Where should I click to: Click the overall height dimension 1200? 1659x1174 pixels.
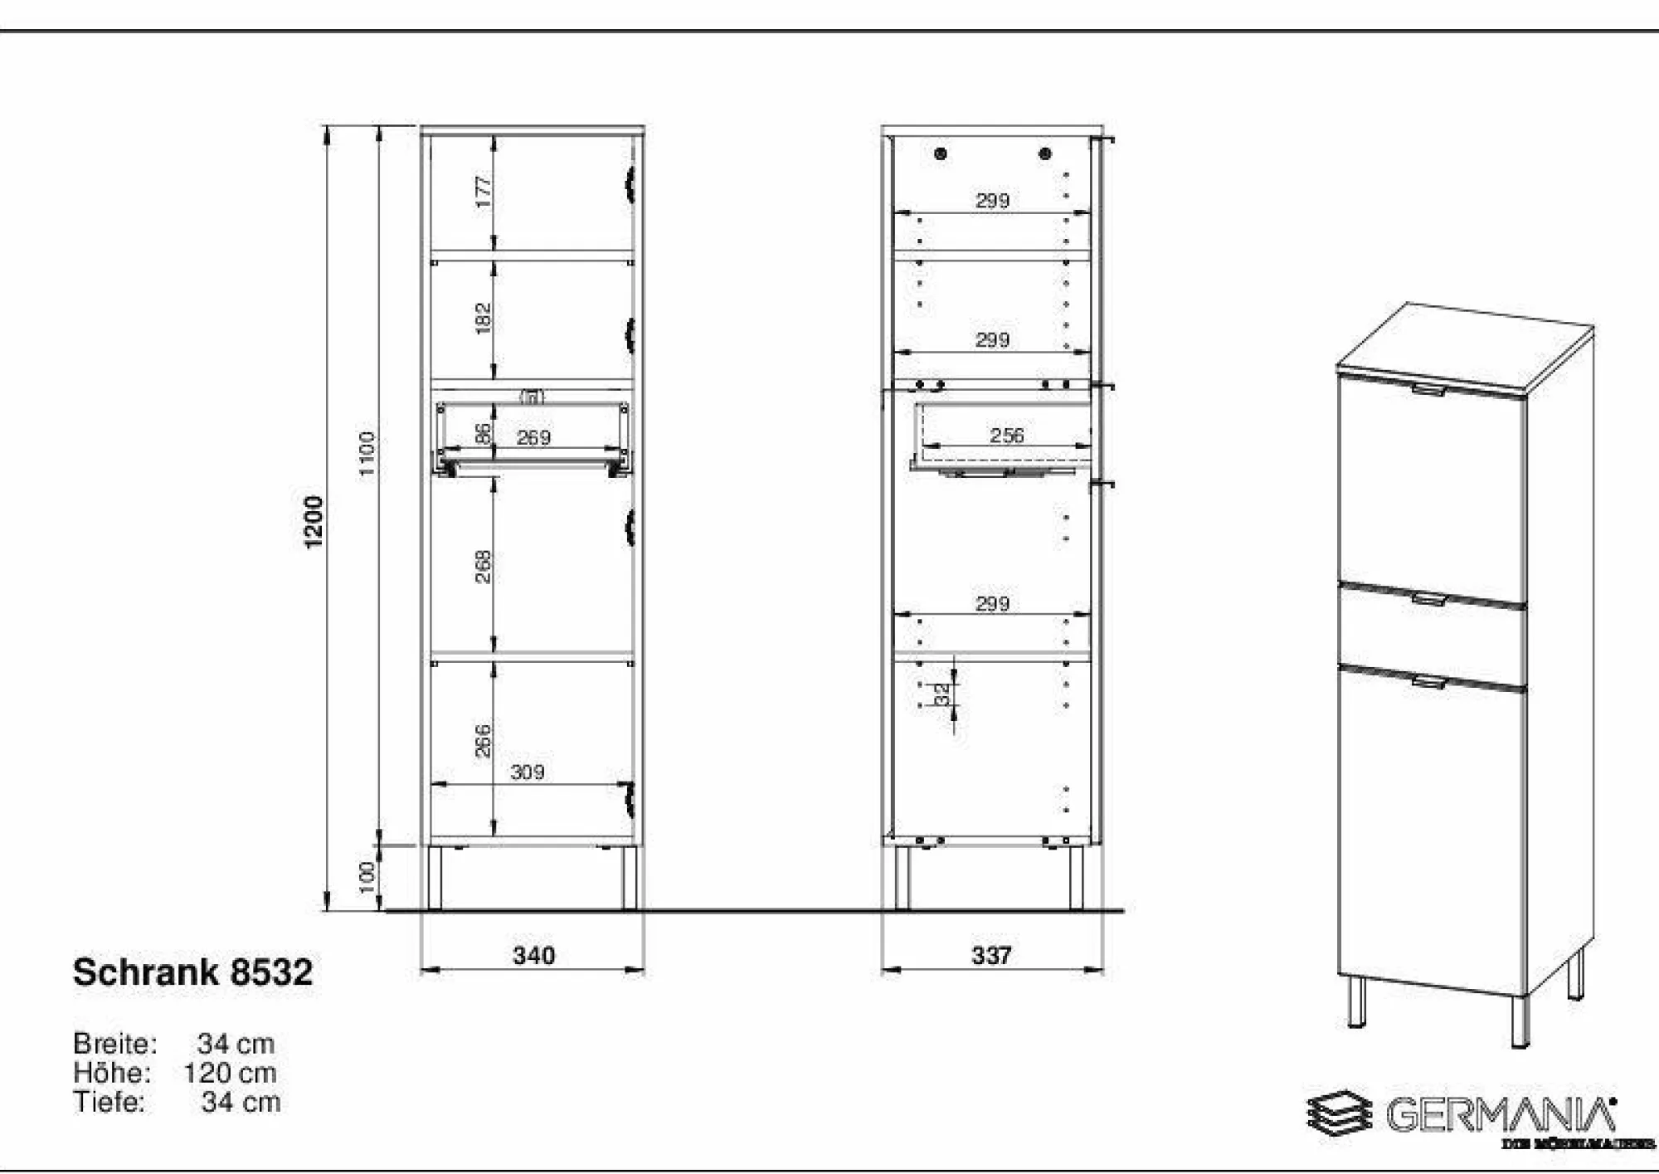pyautogui.click(x=314, y=521)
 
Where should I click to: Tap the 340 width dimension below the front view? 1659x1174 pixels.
pyautogui.click(x=533, y=956)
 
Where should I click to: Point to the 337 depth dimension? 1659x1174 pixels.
pyautogui.click(x=991, y=956)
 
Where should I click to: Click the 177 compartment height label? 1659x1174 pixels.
pyautogui.click(x=483, y=192)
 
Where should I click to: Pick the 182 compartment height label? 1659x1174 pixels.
pyautogui.click(x=483, y=319)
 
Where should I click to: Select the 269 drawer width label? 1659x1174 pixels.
pyautogui.click(x=533, y=437)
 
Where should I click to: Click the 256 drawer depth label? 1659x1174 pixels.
pyautogui.click(x=1006, y=436)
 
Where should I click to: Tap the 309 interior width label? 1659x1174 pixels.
pyautogui.click(x=528, y=772)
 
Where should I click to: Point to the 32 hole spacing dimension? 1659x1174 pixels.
pyautogui.click(x=942, y=694)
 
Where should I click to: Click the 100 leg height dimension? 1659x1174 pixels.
pyautogui.click(x=367, y=878)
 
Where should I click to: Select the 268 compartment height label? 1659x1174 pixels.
pyautogui.click(x=483, y=566)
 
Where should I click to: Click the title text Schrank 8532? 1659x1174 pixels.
pyautogui.click(x=192, y=972)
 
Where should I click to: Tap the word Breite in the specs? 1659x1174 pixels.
pyautogui.click(x=114, y=1044)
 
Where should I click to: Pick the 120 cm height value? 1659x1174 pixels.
pyautogui.click(x=230, y=1073)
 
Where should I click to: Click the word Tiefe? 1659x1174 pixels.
pyautogui.click(x=109, y=1102)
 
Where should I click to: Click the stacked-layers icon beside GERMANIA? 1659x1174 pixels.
pyautogui.click(x=1339, y=1113)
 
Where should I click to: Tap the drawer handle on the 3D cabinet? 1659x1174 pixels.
pyautogui.click(x=1428, y=598)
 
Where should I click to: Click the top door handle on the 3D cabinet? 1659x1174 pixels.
pyautogui.click(x=1428, y=388)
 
